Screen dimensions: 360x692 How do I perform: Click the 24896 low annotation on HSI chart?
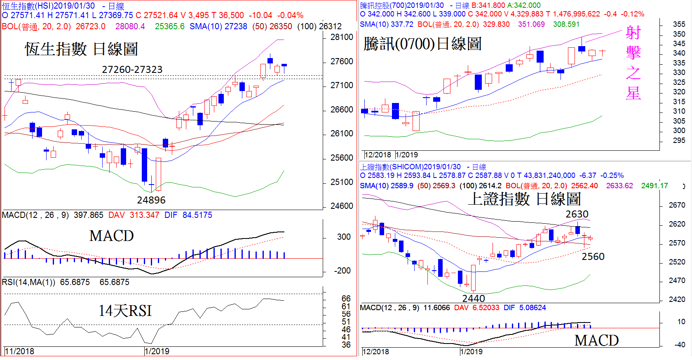(x=151, y=200)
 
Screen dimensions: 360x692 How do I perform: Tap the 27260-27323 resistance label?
(x=132, y=70)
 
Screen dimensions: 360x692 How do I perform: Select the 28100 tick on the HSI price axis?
(x=342, y=37)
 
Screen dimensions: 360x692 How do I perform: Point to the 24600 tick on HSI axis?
(x=342, y=206)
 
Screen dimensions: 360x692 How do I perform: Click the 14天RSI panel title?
(x=125, y=311)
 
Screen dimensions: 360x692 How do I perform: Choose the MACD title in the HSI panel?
(x=111, y=236)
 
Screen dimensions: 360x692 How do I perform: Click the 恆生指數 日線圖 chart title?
(x=81, y=49)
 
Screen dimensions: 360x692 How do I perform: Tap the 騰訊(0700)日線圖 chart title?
(x=422, y=44)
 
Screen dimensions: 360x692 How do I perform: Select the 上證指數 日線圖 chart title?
(x=524, y=199)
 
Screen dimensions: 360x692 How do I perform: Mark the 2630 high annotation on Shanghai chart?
(x=577, y=214)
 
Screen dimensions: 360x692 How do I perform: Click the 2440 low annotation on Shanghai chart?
(x=474, y=298)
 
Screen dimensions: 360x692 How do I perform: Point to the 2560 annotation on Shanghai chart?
(x=593, y=257)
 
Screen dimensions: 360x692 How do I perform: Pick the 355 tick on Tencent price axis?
(x=679, y=24)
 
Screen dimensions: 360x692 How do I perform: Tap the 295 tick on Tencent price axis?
(x=679, y=140)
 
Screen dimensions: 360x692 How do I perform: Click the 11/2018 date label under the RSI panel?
(x=19, y=351)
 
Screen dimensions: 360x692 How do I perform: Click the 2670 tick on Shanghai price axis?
(x=677, y=205)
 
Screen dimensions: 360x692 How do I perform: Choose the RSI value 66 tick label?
(x=346, y=298)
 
